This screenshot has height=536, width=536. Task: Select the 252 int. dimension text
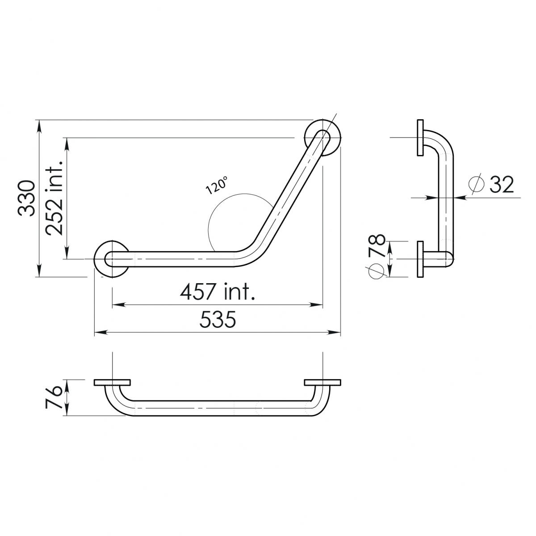(x=55, y=198)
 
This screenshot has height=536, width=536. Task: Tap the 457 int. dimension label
(x=218, y=293)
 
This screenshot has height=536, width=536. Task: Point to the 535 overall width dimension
(x=218, y=320)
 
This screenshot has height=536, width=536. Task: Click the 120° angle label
(x=217, y=185)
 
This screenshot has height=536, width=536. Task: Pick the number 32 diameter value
(x=501, y=184)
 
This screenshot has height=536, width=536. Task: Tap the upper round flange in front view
(x=322, y=137)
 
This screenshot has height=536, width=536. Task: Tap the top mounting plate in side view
(x=420, y=138)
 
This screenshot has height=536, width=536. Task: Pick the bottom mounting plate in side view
(x=420, y=259)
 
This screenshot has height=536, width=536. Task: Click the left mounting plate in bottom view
(x=112, y=383)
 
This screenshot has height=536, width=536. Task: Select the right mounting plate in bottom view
(x=322, y=383)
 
